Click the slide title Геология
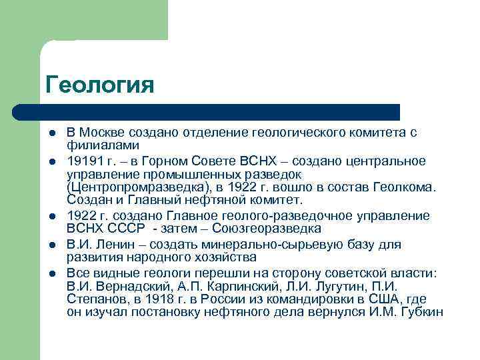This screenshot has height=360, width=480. (x=100, y=85)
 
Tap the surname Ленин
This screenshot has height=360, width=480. (x=109, y=245)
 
